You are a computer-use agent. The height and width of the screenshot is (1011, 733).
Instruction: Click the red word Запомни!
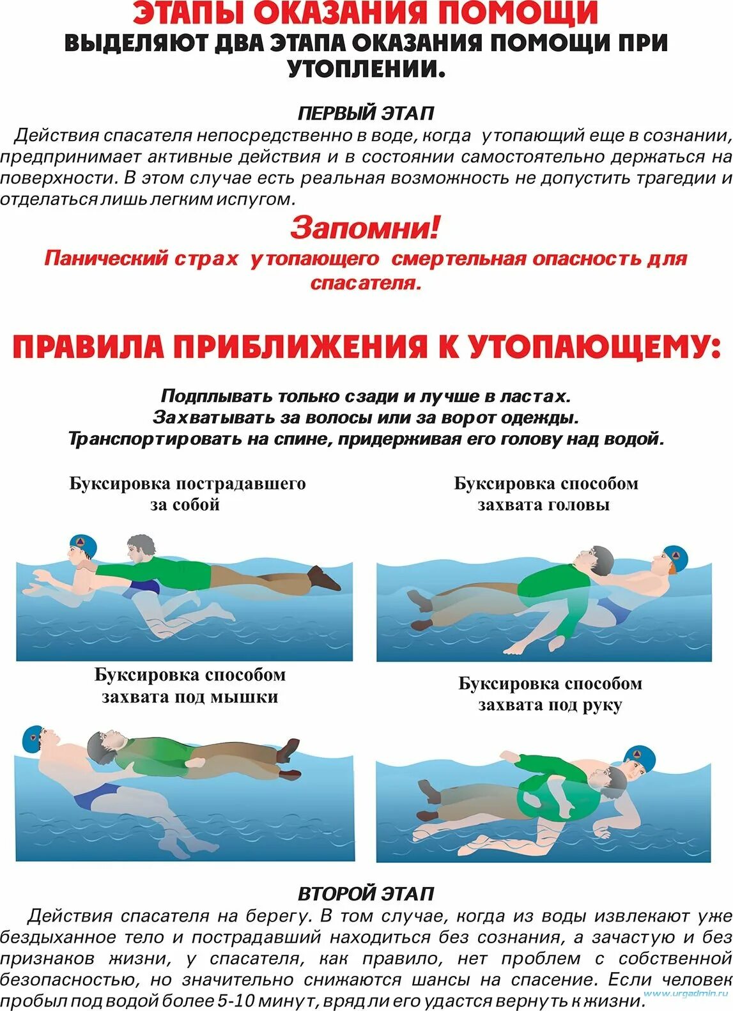(x=366, y=228)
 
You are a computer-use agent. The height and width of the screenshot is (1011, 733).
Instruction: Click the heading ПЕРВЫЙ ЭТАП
(x=366, y=113)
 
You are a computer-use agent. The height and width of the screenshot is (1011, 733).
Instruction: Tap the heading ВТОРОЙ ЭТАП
(x=366, y=893)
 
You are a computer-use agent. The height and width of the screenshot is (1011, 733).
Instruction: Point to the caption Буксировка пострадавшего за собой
(x=187, y=494)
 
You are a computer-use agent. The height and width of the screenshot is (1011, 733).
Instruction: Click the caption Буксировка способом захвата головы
(x=546, y=494)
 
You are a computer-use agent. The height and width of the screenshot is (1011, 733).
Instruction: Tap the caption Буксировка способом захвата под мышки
(x=190, y=686)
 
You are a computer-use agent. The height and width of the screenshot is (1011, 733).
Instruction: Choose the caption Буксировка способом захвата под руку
(x=550, y=694)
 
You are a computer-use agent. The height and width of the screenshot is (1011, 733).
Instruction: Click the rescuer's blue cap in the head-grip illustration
(x=675, y=558)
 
